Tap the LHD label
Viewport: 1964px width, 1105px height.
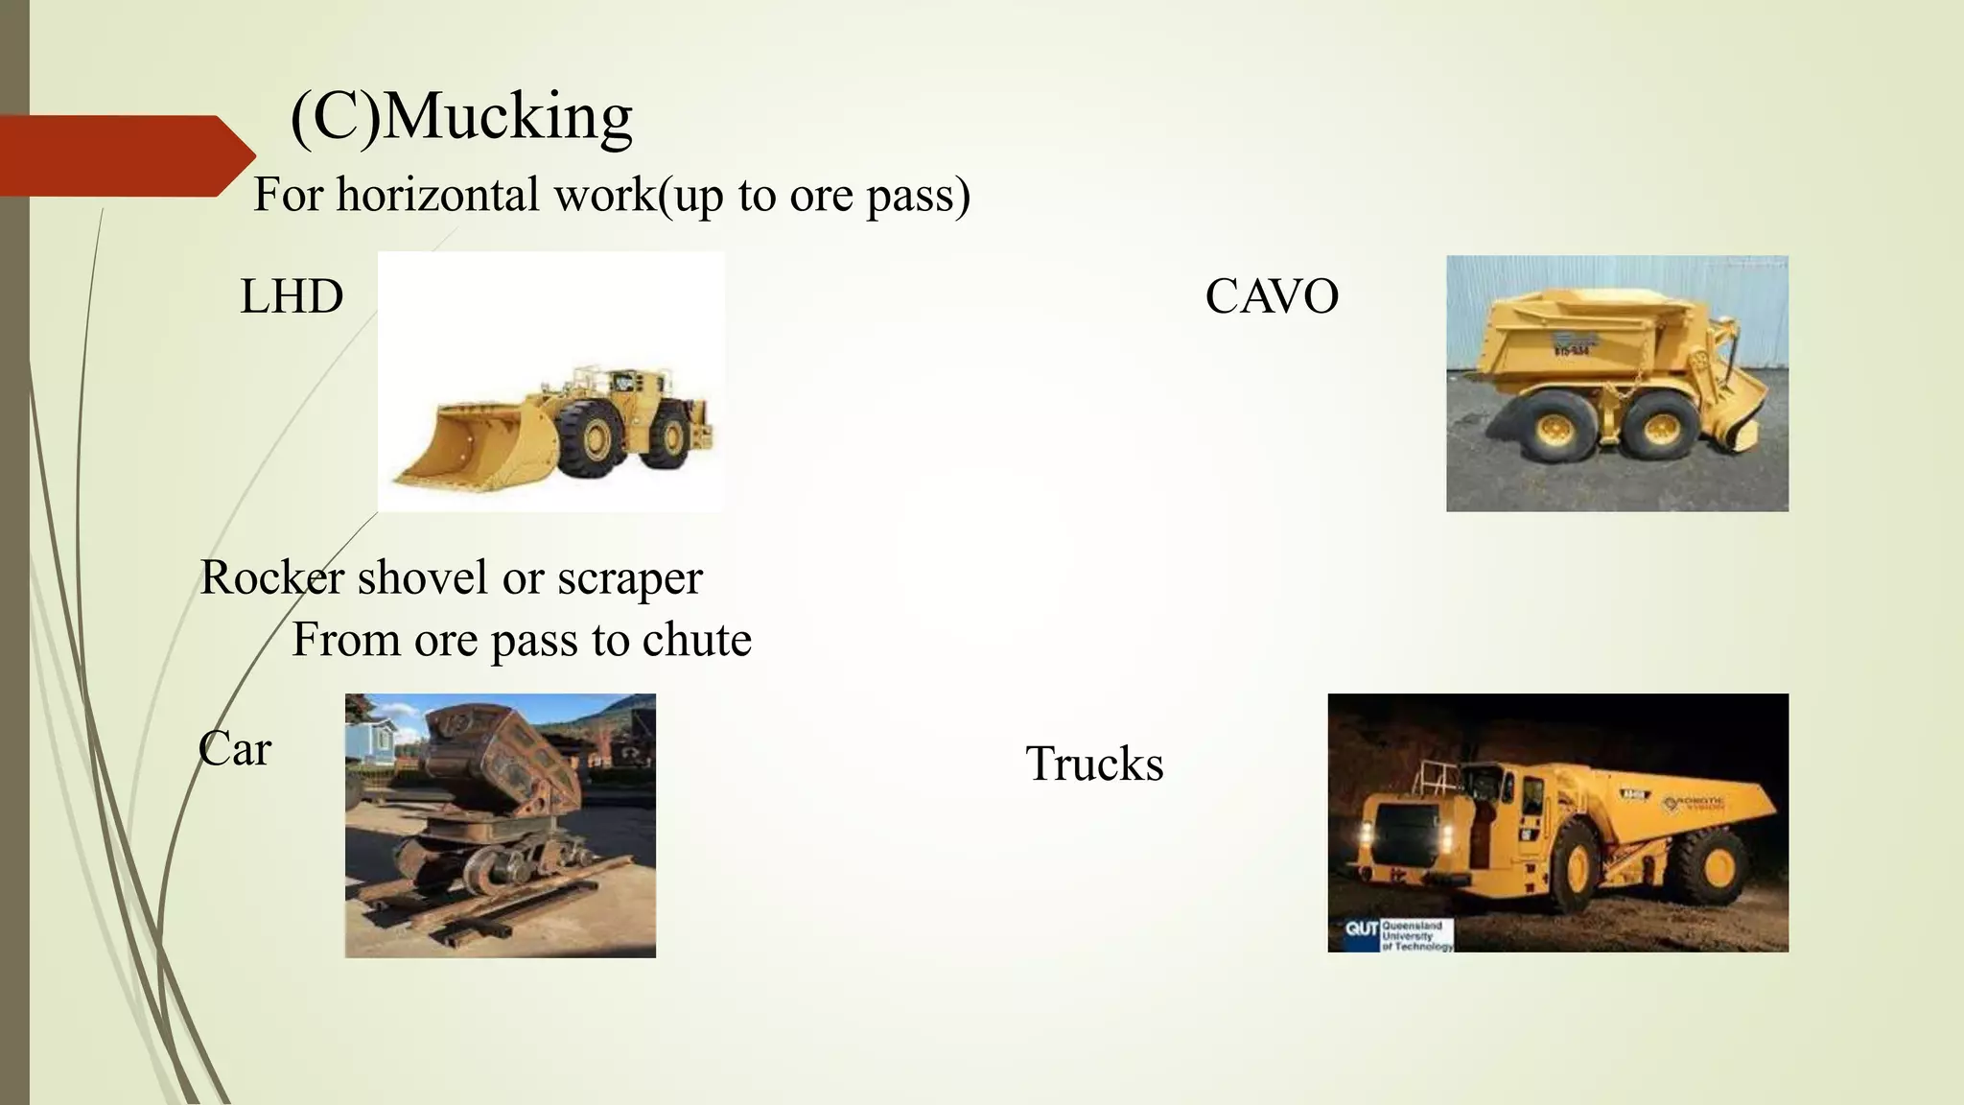[292, 296]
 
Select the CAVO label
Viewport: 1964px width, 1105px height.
[1272, 296]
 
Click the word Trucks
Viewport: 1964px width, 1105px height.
[1094, 764]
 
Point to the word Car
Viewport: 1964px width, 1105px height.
[235, 749]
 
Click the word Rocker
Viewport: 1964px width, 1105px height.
[271, 578]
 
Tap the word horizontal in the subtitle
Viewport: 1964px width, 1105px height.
[438, 195]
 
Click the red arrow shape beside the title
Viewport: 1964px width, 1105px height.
[125, 155]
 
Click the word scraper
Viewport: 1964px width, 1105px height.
[630, 578]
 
